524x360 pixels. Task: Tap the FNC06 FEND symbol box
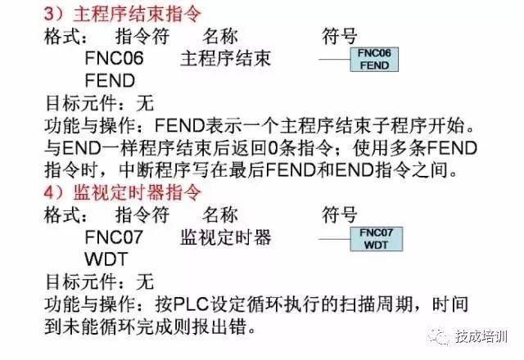374,59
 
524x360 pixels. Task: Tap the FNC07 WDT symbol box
374,238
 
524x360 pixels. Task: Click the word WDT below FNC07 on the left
102,260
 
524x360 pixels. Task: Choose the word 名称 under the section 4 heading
219,217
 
